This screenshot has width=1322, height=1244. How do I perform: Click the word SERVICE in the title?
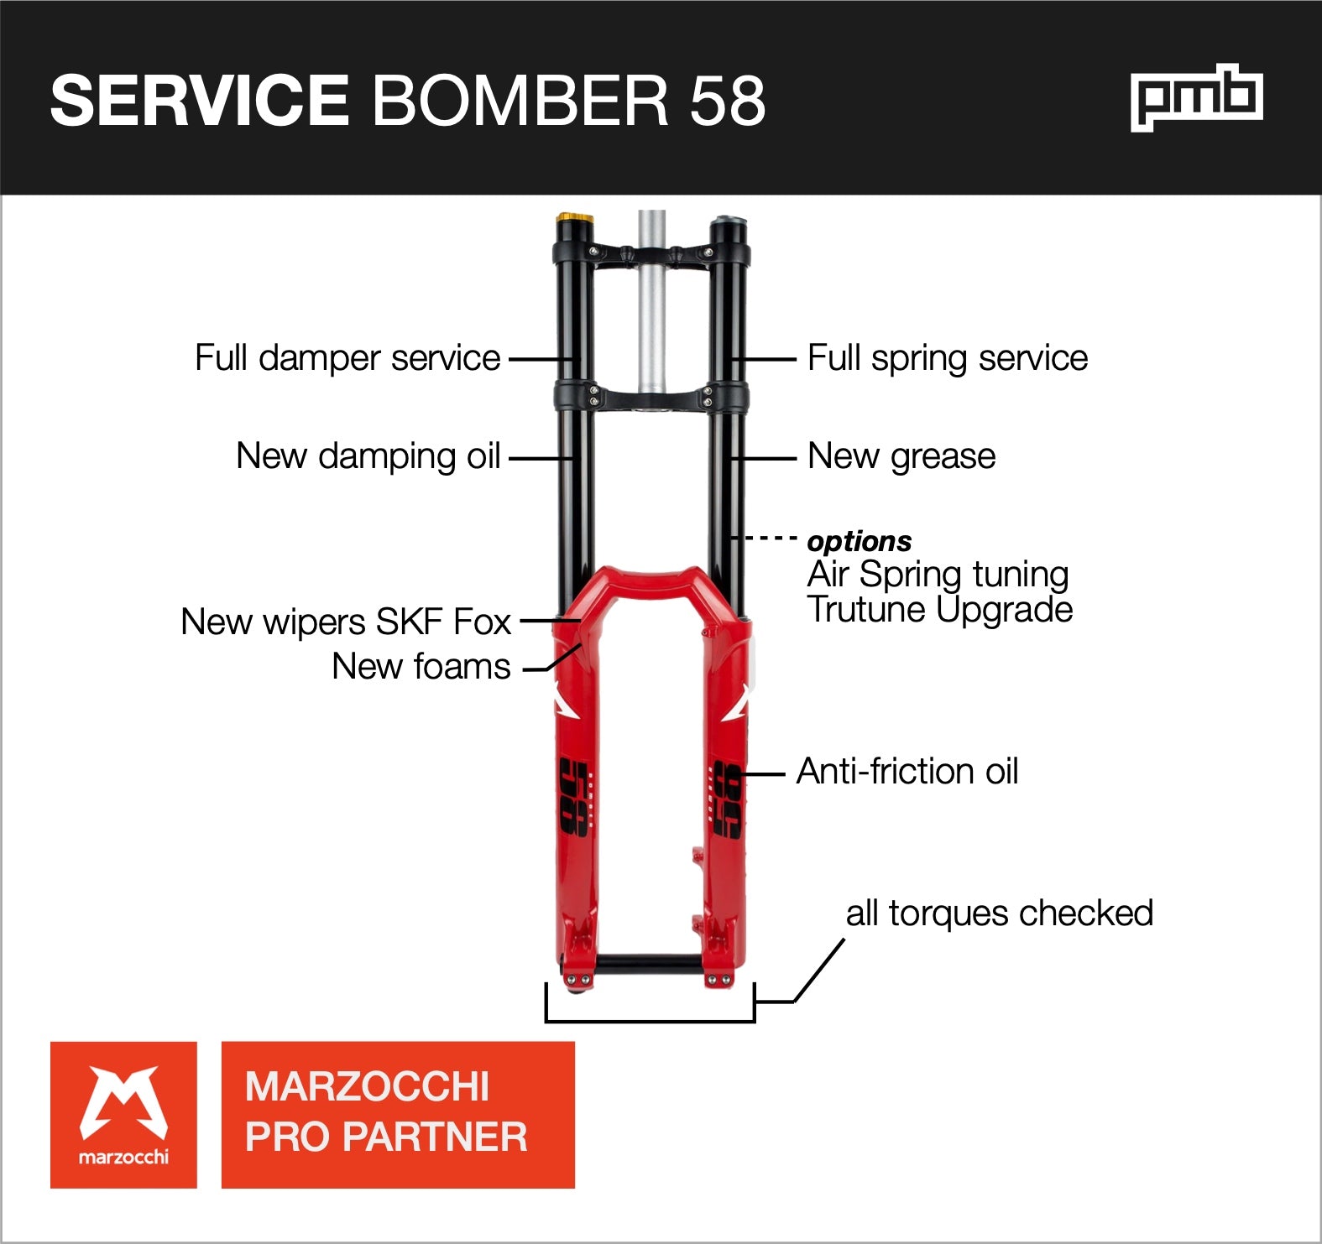[199, 101]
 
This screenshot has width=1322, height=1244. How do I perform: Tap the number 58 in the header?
[727, 101]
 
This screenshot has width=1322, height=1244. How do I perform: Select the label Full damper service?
[347, 358]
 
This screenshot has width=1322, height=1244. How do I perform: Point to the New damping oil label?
[368, 456]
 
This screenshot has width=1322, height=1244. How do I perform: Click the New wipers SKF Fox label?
[345, 622]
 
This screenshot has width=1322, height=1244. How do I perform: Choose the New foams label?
[421, 667]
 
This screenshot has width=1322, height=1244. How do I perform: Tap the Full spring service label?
[947, 358]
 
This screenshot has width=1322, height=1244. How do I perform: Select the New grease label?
[901, 456]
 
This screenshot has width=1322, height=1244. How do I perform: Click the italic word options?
[859, 542]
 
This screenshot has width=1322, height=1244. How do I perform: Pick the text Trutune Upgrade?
[939, 610]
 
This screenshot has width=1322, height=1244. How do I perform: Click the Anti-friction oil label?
[907, 772]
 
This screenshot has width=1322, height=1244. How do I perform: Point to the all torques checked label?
[999, 913]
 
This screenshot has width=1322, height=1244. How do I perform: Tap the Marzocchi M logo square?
[123, 1115]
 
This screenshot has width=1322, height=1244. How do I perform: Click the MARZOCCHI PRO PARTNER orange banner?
[398, 1115]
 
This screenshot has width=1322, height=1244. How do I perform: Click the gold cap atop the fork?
[574, 220]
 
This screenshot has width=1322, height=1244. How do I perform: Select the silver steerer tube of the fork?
[651, 319]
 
